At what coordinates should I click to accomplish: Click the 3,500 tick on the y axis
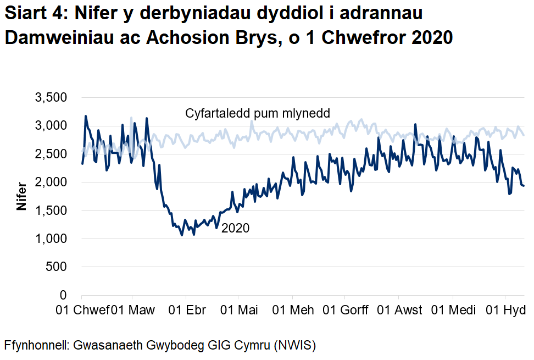coord(51,98)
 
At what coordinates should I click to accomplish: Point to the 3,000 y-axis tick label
coord(51,126)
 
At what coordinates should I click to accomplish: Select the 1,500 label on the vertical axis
coord(51,211)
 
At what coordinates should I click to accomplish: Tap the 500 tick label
coord(56,267)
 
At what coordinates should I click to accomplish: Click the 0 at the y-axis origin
coord(63,295)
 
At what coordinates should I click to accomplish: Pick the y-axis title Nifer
coord(22,196)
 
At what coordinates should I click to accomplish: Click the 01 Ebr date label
coord(187,310)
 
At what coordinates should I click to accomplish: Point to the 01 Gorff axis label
coord(345,310)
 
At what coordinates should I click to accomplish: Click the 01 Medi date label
coord(452,310)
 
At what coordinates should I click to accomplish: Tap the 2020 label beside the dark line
coord(235,228)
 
